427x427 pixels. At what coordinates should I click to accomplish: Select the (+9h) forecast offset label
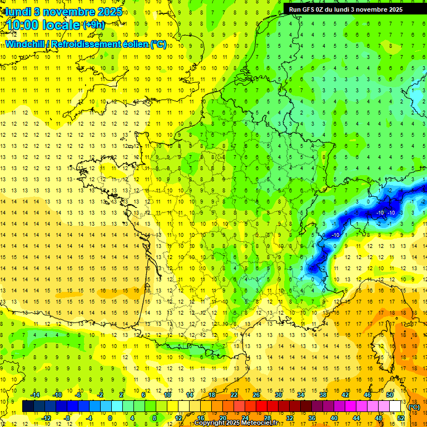point(93,24)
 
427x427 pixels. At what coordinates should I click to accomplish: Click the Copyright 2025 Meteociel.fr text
point(236,423)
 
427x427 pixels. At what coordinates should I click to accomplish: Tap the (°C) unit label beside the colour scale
point(414,406)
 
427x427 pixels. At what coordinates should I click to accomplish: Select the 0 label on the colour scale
point(110,418)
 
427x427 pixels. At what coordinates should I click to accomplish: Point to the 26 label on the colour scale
point(256,395)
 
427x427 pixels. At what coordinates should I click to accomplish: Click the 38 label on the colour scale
point(322,395)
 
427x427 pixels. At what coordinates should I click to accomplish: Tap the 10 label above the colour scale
point(167,395)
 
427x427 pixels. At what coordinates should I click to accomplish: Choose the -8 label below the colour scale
point(67,418)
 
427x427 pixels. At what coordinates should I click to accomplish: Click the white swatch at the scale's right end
point(395,406)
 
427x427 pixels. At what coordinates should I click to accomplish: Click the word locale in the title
point(61,25)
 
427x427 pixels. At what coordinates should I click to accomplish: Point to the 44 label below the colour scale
point(356,418)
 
